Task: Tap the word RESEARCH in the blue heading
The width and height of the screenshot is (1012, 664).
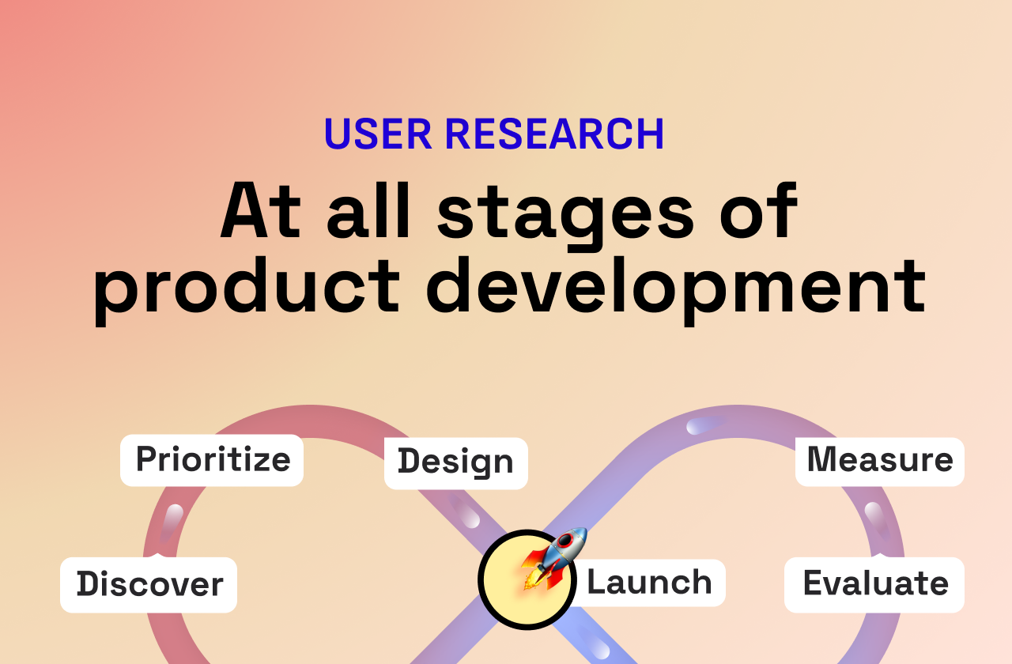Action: tap(553, 134)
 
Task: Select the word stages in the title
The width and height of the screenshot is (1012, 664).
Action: tap(565, 213)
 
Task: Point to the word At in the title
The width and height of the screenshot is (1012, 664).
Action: tap(262, 213)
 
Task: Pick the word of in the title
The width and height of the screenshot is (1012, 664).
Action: tap(757, 213)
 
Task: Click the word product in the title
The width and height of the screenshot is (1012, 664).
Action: tap(247, 286)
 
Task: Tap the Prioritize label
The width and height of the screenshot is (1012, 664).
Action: tap(212, 459)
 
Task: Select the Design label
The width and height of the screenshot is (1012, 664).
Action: tap(455, 462)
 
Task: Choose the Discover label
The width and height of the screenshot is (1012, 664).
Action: tap(149, 584)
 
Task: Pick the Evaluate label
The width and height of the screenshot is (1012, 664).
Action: tap(874, 584)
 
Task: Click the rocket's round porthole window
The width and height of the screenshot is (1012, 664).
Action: tap(565, 542)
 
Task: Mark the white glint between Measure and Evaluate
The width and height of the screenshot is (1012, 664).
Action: tap(875, 515)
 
